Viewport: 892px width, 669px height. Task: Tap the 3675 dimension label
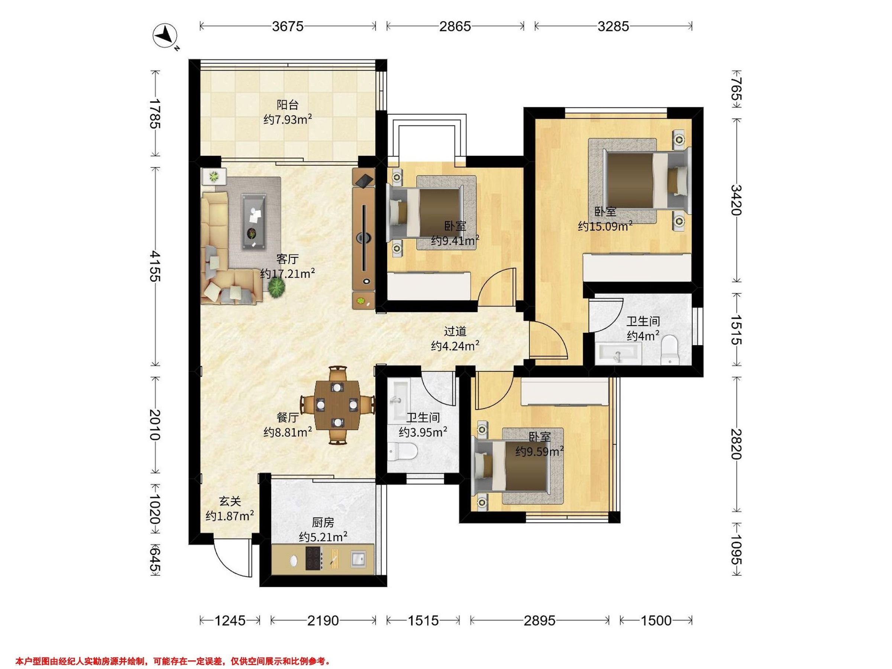pos(288,26)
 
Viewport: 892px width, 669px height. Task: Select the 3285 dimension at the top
pos(613,26)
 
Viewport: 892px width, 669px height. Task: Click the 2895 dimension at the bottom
pos(540,620)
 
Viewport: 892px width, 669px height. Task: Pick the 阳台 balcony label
pos(288,105)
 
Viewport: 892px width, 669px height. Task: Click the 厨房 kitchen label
pos(323,523)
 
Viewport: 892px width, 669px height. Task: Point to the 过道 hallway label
pos(455,331)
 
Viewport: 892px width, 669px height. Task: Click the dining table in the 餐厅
pos(337,405)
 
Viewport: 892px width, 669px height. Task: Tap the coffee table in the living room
pos(253,222)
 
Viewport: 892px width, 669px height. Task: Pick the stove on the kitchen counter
pos(314,558)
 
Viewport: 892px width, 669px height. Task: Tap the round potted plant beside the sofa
pos(277,288)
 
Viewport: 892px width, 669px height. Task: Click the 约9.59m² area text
pos(540,451)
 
